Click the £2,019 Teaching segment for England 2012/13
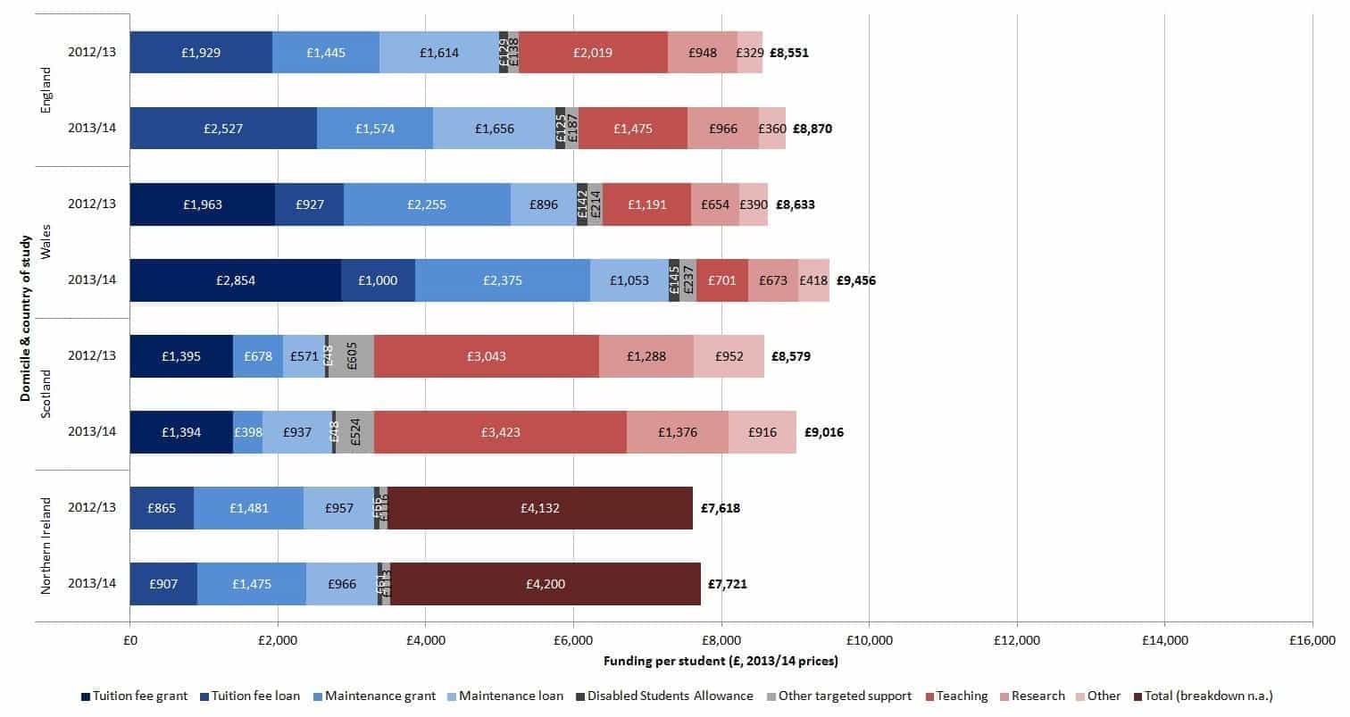[x=593, y=53]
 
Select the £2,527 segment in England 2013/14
[x=222, y=129]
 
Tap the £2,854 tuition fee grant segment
[x=235, y=280]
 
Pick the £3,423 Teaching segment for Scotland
[x=499, y=432]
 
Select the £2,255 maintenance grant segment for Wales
[x=426, y=204]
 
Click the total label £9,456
[x=855, y=280]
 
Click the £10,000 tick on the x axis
[x=869, y=639]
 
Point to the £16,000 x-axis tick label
[x=1311, y=639]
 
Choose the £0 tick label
[x=129, y=639]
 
